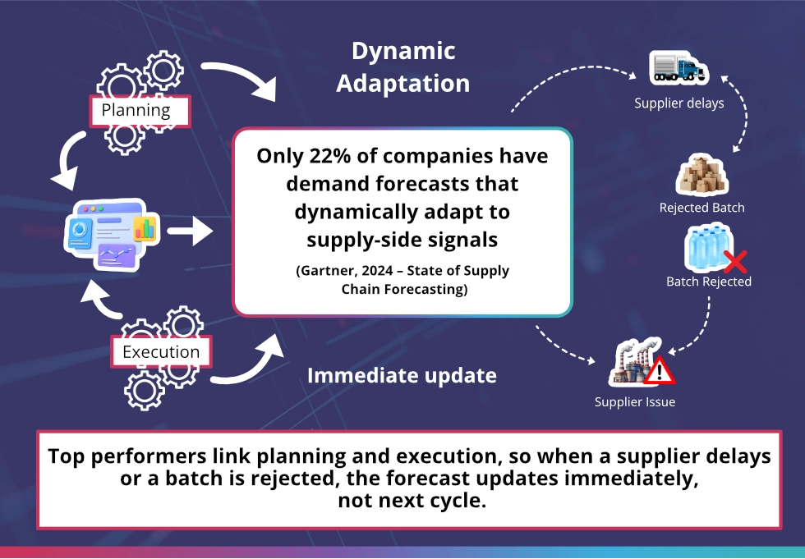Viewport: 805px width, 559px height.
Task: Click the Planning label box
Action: [x=140, y=111]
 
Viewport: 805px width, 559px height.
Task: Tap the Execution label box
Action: [x=161, y=352]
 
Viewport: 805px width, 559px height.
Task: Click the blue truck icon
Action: [x=678, y=67]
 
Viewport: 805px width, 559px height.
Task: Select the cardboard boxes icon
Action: [x=701, y=176]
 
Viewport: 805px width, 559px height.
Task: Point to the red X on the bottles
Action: [x=735, y=262]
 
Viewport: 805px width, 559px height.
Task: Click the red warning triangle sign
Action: [x=659, y=371]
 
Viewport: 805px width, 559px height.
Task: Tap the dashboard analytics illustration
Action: [x=113, y=235]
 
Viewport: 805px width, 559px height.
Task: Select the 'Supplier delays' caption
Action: [x=678, y=103]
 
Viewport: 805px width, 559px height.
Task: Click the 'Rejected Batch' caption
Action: [x=701, y=208]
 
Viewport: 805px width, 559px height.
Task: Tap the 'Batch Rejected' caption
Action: [x=708, y=282]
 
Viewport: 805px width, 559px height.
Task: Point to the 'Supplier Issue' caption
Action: [x=634, y=402]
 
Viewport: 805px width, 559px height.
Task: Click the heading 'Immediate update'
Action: [x=402, y=375]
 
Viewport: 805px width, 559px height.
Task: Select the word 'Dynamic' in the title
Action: [x=403, y=51]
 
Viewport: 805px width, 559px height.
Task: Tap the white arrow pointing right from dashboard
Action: [x=190, y=231]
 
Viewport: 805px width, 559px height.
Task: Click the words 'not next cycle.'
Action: [x=412, y=501]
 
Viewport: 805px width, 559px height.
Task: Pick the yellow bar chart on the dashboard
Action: [x=145, y=228]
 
